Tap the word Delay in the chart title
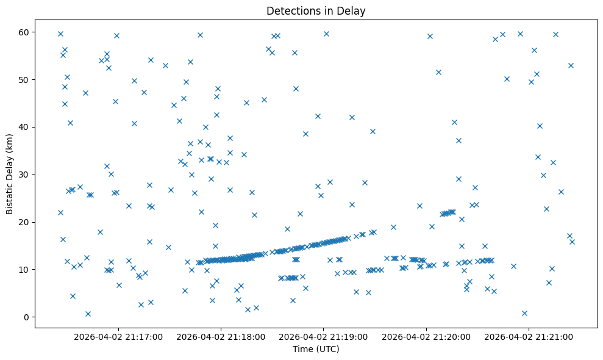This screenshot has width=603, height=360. pos(353,11)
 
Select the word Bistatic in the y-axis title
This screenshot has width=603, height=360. pos(10,190)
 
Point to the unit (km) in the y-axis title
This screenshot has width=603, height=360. pos(10,142)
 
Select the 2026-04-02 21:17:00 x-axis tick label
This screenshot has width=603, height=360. pos(118,336)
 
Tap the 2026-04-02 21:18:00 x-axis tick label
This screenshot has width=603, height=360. pos(221,336)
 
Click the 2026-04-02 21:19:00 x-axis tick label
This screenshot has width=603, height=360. pos(323,336)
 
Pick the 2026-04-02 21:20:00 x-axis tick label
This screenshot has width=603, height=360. pos(426,336)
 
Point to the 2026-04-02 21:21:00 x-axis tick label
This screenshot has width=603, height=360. pos(528,336)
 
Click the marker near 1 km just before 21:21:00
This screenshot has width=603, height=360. pos(524,313)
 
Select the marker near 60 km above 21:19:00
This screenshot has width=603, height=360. pos(326,34)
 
